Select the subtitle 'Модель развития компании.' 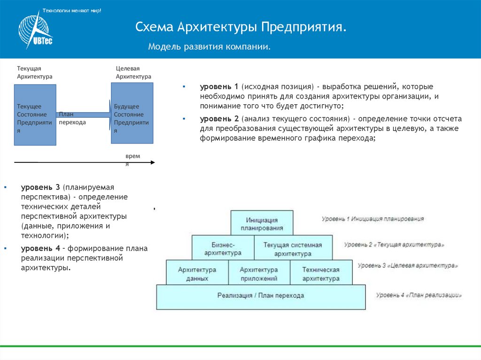tap(209, 47)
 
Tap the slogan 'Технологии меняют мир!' tap(72, 10)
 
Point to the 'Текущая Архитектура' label tap(35, 72)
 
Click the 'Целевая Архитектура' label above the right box tap(133, 72)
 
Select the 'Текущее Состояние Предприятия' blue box tap(35, 115)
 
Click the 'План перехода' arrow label tap(72, 118)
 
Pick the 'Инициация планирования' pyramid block tap(262, 223)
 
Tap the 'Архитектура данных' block tap(197, 274)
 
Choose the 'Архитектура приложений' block tap(258, 274)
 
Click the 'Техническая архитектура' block tap(320, 274)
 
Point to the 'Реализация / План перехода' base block tap(261, 296)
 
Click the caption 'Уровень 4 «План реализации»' tap(419, 295)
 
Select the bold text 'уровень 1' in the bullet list tap(219, 87)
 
